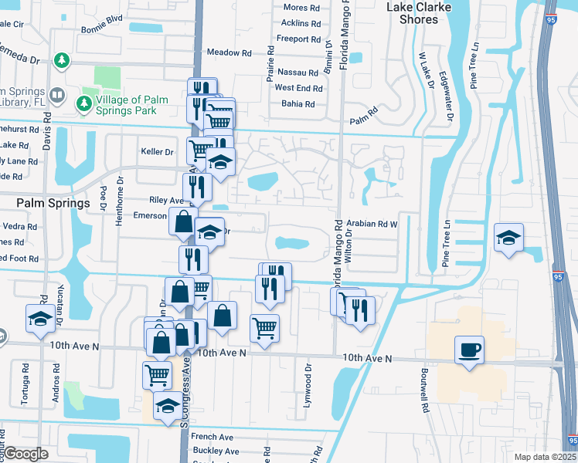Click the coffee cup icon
click(x=469, y=350)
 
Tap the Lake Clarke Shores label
click(x=418, y=13)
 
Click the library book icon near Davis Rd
click(x=56, y=95)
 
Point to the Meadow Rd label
click(x=229, y=52)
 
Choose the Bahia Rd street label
click(x=298, y=103)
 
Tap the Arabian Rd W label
click(x=371, y=223)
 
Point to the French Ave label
click(x=212, y=437)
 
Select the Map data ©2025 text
click(x=545, y=457)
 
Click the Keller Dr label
click(x=157, y=151)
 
